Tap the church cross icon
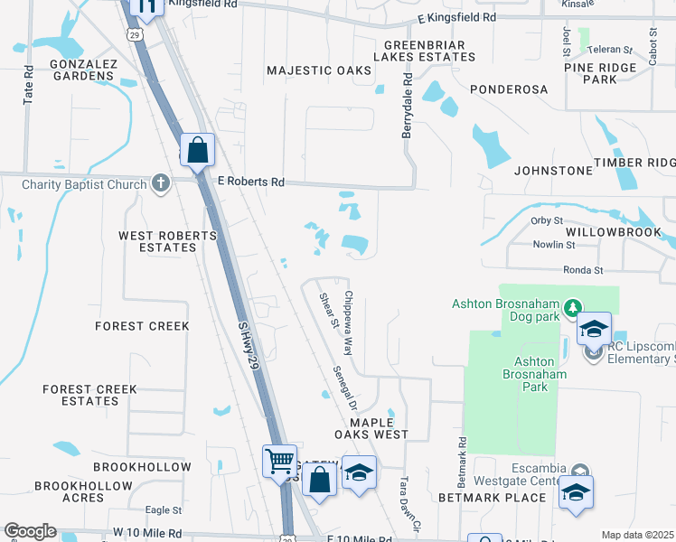pos(161,184)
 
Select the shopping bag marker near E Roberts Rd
pos(197,151)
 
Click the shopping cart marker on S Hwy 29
pos(279,462)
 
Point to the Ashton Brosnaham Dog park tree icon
pos(571,309)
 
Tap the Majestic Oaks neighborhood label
pos(319,70)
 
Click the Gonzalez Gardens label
pos(82,70)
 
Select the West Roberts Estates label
pos(168,241)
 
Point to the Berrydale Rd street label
pos(407,107)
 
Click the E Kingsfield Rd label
pos(457,18)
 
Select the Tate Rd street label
pos(29,83)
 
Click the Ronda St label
pos(582,270)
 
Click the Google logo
pos(30,531)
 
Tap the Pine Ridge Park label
pos(602,73)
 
